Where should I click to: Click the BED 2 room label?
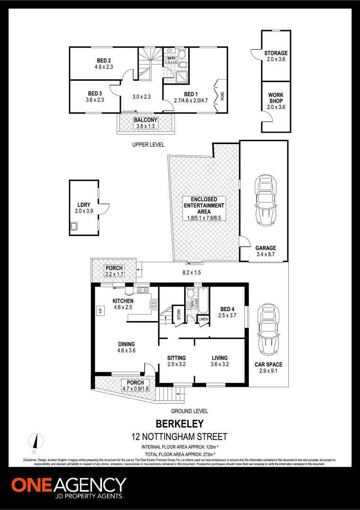(104, 60)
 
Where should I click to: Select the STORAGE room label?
(276, 53)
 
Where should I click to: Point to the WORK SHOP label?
(276, 98)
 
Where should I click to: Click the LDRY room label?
(84, 205)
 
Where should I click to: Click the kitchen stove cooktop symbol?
(153, 304)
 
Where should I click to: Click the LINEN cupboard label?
(203, 319)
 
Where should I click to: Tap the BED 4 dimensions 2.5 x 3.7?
(227, 316)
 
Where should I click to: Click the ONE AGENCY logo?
(68, 486)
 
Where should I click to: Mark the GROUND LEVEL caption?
(189, 411)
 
